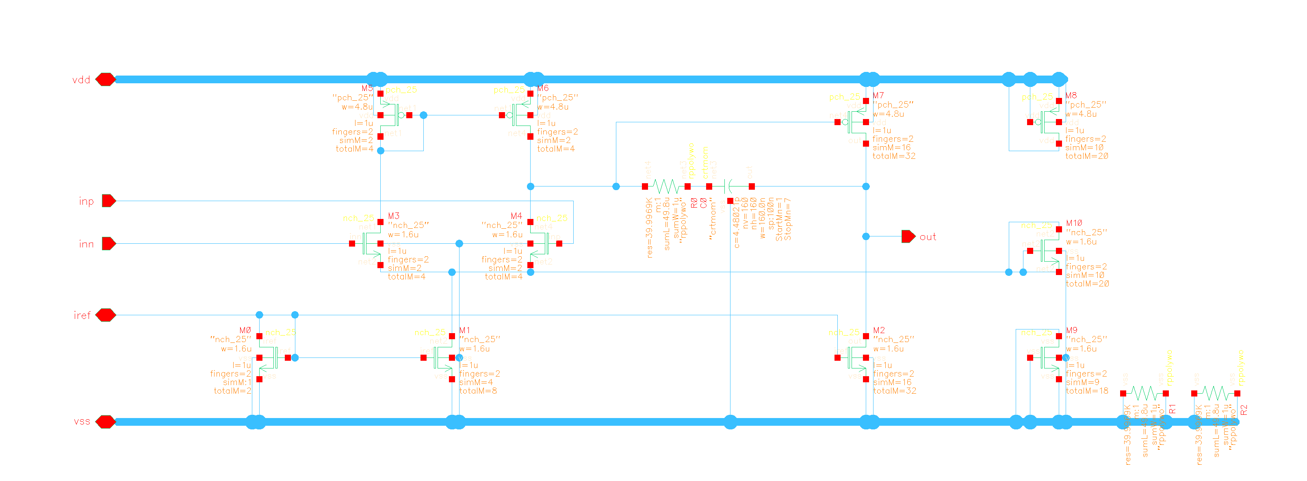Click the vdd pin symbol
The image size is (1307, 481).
(x=106, y=80)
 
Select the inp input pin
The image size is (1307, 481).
(x=108, y=201)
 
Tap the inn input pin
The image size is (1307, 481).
(x=108, y=243)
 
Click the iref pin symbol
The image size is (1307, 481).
(x=106, y=315)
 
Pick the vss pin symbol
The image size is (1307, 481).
(x=106, y=422)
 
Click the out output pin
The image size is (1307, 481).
(x=908, y=236)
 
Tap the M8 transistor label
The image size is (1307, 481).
(x=1071, y=95)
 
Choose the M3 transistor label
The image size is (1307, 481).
(x=393, y=216)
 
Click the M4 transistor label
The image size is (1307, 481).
(x=516, y=216)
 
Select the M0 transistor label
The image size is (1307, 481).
(x=245, y=330)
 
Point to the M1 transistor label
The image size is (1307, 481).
(x=464, y=330)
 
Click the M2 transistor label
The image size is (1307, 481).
(x=879, y=330)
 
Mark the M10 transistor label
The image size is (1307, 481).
(x=1074, y=223)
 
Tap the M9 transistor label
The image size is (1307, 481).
(x=1072, y=330)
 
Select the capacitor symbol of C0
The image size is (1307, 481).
(x=730, y=186)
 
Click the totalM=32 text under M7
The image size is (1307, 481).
(x=893, y=156)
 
